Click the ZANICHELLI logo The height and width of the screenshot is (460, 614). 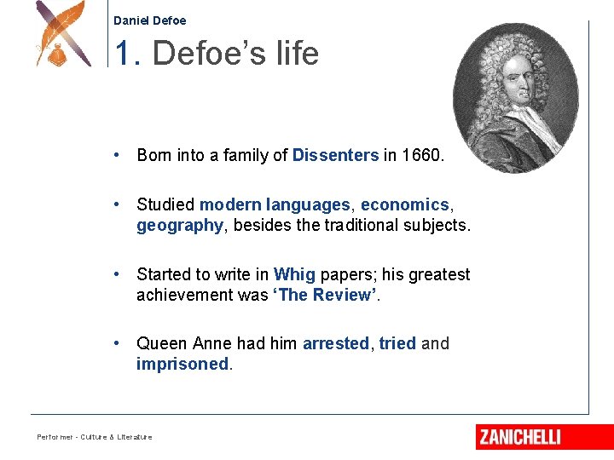coord(519,437)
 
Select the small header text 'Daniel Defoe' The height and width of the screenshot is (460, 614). coord(149,20)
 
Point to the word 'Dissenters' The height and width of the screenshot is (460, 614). coord(335,155)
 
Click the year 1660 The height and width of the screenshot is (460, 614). coord(421,155)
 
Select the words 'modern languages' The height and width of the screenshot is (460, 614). coord(275,205)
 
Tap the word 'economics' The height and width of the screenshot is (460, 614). coord(405,205)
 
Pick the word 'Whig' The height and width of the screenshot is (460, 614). coord(294,274)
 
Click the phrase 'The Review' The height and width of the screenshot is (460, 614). coord(324,296)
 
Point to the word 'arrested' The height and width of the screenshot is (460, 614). coord(336,343)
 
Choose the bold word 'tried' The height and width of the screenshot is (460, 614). coord(397,343)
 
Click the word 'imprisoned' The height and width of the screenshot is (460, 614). coord(182,365)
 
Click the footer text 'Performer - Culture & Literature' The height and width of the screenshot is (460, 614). coord(95,437)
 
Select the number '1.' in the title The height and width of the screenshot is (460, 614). coord(128,54)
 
